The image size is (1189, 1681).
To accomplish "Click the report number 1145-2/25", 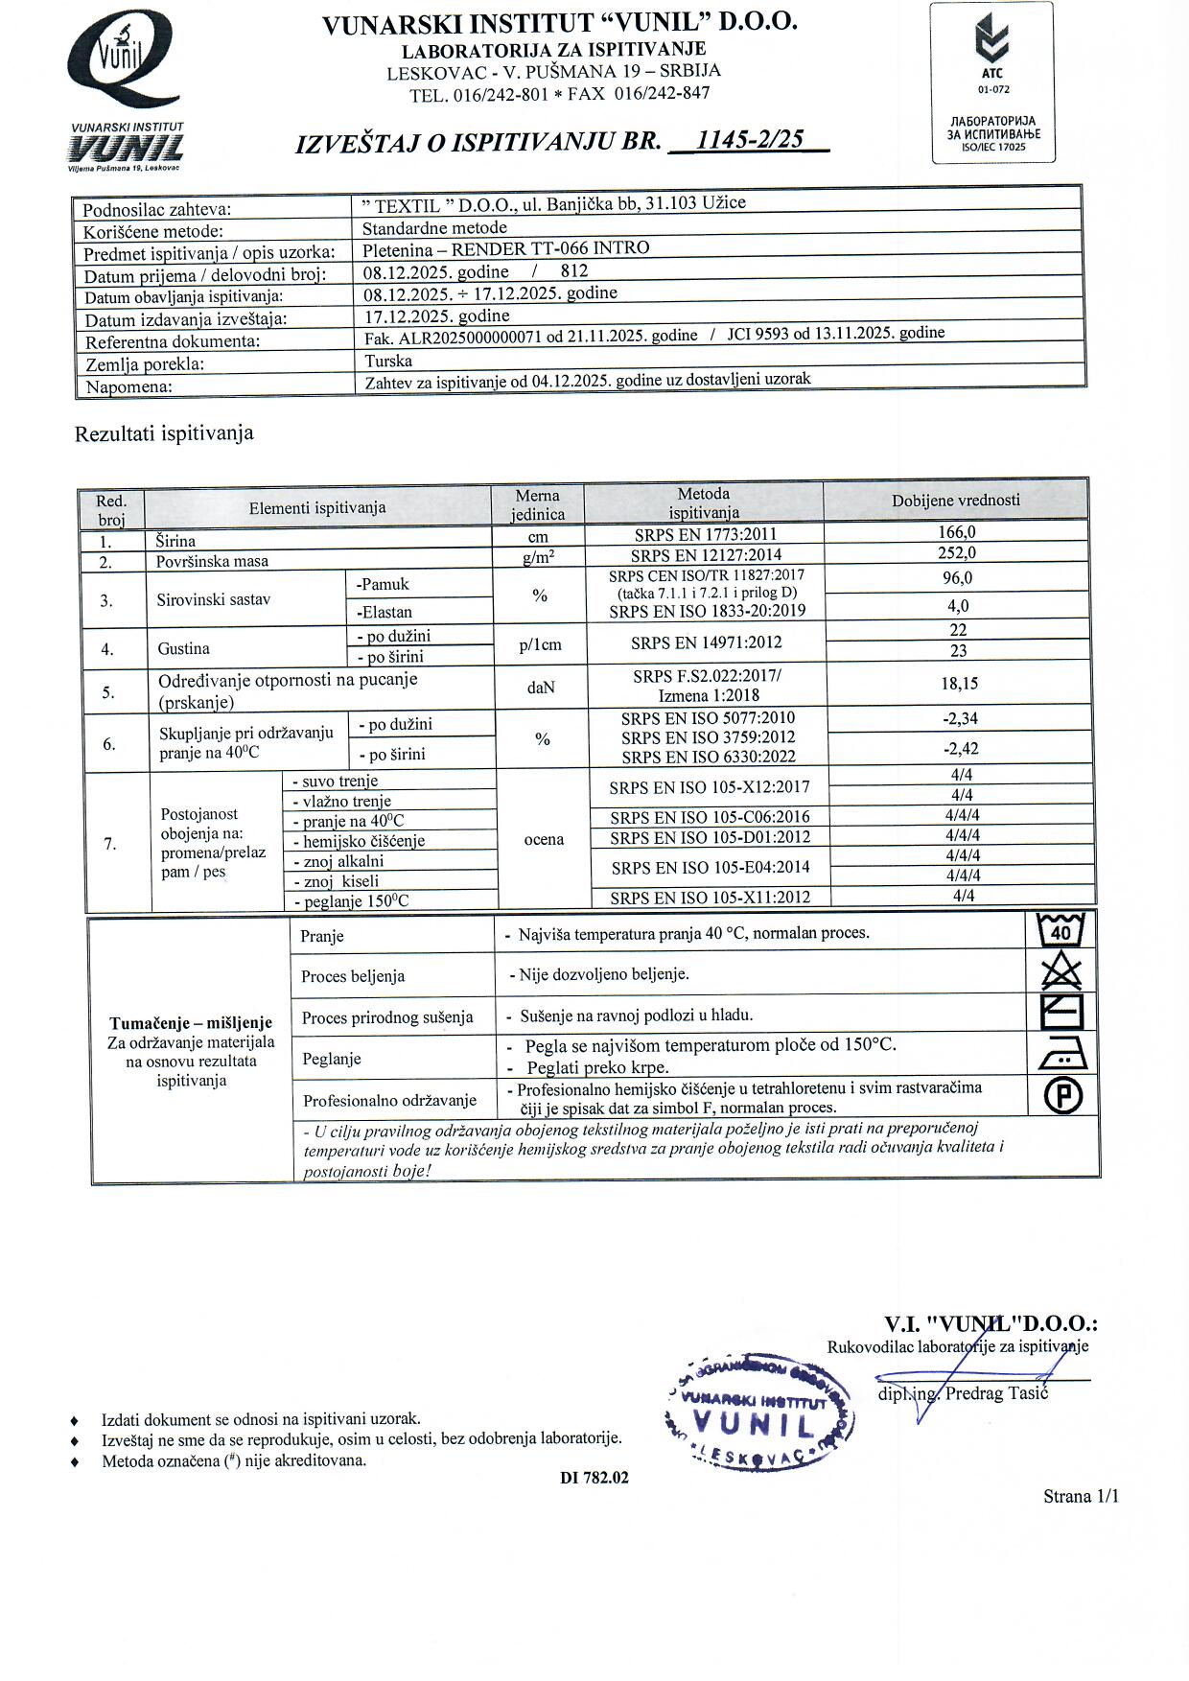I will click(749, 140).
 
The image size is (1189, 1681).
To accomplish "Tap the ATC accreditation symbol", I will click(991, 48).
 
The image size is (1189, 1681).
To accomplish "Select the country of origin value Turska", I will click(388, 362).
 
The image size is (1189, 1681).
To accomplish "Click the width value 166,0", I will click(956, 532).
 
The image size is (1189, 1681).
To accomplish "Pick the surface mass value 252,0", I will click(956, 553).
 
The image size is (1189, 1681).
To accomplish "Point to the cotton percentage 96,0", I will click(957, 578).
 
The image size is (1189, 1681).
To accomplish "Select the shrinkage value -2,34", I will click(960, 719).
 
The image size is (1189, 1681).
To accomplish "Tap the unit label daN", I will click(541, 688).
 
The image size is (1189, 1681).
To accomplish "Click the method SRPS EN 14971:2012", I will click(706, 643).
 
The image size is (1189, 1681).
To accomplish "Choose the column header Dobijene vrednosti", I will click(955, 501).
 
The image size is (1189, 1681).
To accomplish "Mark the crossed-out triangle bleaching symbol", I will click(1061, 973).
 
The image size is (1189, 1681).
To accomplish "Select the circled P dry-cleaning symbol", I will click(1062, 1095).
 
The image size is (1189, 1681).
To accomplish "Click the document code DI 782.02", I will click(594, 1478).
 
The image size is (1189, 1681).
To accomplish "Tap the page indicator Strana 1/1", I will click(1081, 1496).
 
